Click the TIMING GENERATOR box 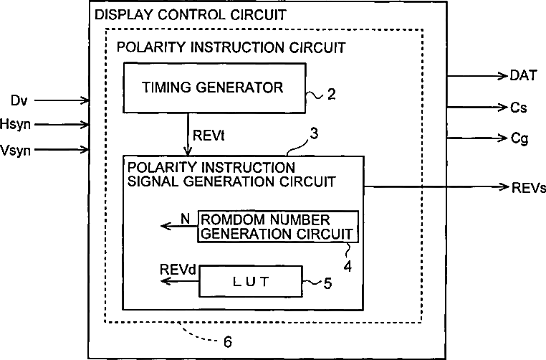click(212, 88)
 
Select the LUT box click(251, 282)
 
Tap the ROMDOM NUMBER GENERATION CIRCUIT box click(277, 226)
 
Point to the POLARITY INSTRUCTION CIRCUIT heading click(231, 48)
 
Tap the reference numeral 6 click(228, 342)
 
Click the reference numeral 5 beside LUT click(327, 283)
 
